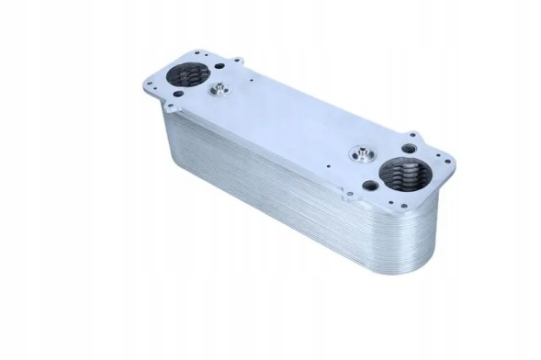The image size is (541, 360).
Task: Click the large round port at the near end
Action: pyautogui.click(x=404, y=174)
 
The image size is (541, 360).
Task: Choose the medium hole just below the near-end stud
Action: pyautogui.click(x=370, y=185)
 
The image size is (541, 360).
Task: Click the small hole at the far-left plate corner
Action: pyautogui.click(x=150, y=84)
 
